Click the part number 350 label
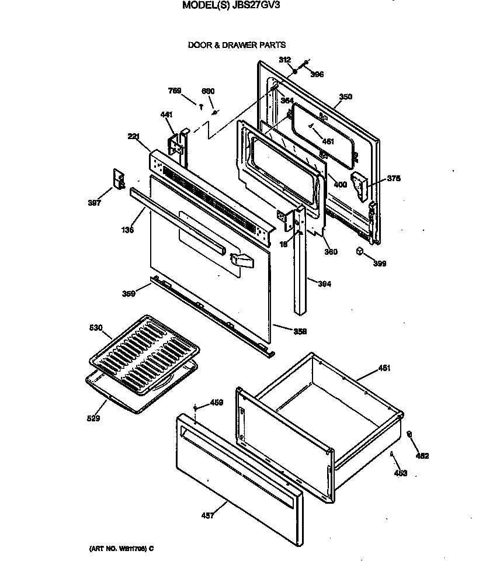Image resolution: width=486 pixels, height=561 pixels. click(345, 97)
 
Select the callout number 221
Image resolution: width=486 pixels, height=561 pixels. click(134, 137)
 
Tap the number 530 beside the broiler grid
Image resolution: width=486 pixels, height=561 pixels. click(96, 328)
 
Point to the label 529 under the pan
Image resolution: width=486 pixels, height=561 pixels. click(93, 418)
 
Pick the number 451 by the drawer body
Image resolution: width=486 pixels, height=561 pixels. click(384, 368)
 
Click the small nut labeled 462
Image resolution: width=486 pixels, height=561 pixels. click(409, 434)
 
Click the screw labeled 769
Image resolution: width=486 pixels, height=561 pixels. click(202, 107)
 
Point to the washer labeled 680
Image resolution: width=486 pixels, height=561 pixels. click(216, 112)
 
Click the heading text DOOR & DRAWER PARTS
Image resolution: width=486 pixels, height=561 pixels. click(237, 44)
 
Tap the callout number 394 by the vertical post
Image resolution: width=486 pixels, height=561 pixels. click(324, 285)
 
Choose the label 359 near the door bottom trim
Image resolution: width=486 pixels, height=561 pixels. click(128, 294)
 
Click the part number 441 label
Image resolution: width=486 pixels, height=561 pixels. click(166, 115)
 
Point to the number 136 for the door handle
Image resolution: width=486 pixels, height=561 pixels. click(128, 230)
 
